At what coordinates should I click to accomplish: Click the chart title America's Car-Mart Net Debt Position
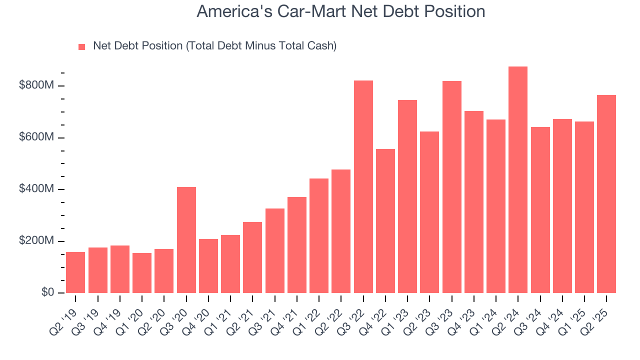click(x=340, y=11)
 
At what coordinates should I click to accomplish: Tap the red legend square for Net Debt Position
click(x=82, y=46)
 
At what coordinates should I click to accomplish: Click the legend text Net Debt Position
click(x=214, y=46)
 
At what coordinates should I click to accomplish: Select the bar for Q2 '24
click(x=517, y=179)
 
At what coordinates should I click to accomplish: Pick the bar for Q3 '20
click(x=186, y=240)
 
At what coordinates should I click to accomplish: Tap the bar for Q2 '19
click(x=75, y=272)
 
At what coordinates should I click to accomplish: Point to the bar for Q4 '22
click(x=385, y=221)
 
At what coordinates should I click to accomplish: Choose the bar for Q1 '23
click(x=407, y=196)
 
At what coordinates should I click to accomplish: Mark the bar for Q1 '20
click(x=142, y=273)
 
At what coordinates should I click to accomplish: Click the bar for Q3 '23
click(x=451, y=187)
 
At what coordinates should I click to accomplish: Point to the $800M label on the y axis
click(x=36, y=85)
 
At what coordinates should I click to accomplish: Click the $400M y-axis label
click(x=36, y=189)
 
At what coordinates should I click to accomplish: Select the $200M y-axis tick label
click(x=36, y=240)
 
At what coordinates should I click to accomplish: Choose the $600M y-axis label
click(x=36, y=137)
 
